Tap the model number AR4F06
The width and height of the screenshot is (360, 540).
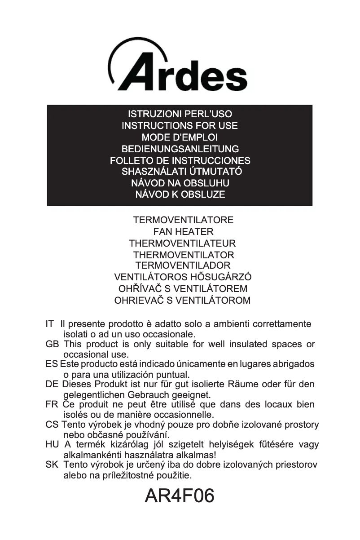pyautogui.click(x=180, y=496)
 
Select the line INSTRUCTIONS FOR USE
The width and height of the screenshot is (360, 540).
pyautogui.click(x=180, y=126)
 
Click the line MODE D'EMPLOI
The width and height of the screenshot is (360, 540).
pyautogui.click(x=180, y=137)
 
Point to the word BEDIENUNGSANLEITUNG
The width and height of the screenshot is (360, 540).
pyautogui.click(x=180, y=149)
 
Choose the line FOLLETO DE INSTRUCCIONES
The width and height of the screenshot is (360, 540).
pyautogui.click(x=180, y=160)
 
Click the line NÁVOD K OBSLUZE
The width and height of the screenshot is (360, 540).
pyautogui.click(x=180, y=195)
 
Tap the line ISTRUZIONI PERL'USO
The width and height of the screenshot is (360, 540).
pyautogui.click(x=180, y=114)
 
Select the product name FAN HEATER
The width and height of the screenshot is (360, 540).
pyautogui.click(x=183, y=232)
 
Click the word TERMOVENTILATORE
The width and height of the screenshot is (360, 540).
pyautogui.click(x=183, y=220)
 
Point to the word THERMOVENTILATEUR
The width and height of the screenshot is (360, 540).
pyautogui.click(x=182, y=243)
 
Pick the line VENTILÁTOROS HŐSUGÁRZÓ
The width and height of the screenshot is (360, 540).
pyautogui.click(x=183, y=277)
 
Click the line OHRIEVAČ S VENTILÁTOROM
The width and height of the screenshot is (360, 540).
pyautogui.click(x=182, y=300)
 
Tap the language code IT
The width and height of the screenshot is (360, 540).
pyautogui.click(x=50, y=324)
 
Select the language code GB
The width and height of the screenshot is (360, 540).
pyautogui.click(x=52, y=344)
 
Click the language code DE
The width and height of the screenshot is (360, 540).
pyautogui.click(x=52, y=385)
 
